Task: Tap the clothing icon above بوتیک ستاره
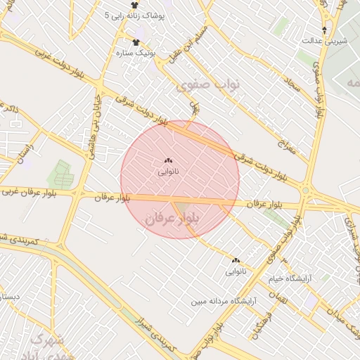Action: point(136,42)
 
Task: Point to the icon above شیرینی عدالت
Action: point(324,30)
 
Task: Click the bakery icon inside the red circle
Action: point(168,161)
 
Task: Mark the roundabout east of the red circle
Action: point(306,190)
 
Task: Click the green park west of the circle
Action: point(59,175)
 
